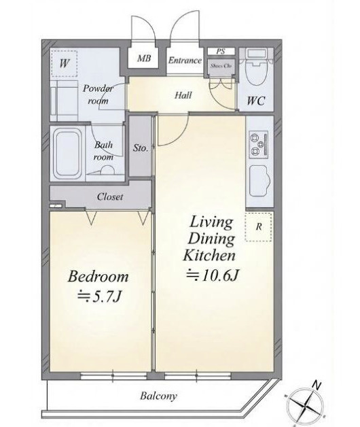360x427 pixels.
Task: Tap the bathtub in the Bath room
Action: coord(67,154)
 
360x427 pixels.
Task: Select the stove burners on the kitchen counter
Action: coord(258,143)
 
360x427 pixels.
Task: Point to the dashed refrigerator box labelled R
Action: coord(259,226)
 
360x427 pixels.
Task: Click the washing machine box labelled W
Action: coord(65,63)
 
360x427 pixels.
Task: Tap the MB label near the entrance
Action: coord(144,58)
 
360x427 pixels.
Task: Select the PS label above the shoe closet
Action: coord(221,52)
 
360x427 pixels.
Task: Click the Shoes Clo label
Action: coord(221,66)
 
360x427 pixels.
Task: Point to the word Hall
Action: coord(183,95)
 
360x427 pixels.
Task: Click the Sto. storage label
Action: coord(141,148)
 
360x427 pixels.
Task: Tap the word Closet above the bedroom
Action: coord(110,197)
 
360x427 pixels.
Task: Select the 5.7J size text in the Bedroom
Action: coord(99,297)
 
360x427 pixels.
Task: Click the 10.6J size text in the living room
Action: coord(212,275)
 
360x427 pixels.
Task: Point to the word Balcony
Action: coord(158,396)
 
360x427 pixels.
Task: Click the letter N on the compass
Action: coord(317,385)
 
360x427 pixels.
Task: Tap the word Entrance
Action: coord(185,61)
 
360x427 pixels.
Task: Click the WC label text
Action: coord(256,101)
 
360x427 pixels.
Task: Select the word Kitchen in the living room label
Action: coord(209,256)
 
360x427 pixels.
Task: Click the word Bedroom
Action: coord(98,276)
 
